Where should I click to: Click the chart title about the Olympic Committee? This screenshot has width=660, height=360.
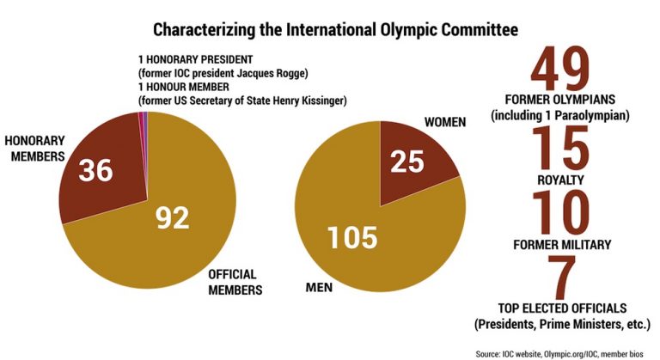click(335, 30)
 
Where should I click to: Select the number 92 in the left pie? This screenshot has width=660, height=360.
click(173, 220)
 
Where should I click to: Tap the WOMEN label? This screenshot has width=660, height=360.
click(444, 122)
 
